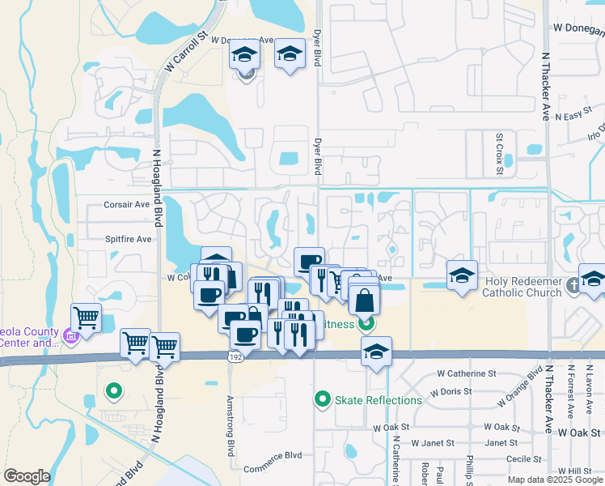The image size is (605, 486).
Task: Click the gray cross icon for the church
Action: (573, 284)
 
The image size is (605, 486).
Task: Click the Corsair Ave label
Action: (127, 205)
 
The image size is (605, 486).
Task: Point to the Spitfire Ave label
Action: (128, 239)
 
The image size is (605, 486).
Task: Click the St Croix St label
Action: (500, 155)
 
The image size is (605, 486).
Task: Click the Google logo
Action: (27, 476)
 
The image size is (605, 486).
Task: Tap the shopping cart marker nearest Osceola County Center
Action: (86, 317)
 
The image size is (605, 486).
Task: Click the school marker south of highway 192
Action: (376, 352)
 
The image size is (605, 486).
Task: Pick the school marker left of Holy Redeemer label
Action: (462, 275)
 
